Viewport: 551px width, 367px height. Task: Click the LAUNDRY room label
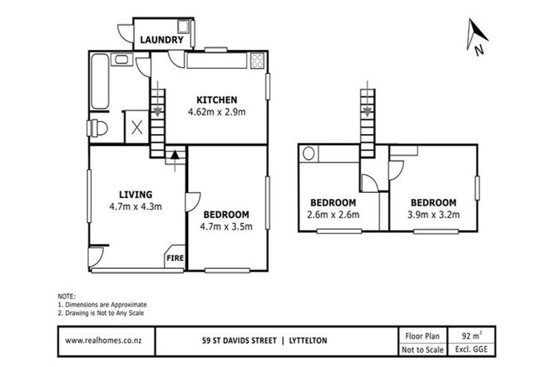pos(161,40)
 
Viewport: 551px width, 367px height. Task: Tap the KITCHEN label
pos(217,100)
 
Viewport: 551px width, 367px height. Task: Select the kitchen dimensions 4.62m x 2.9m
pos(217,112)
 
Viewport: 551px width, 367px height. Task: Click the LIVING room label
pos(136,194)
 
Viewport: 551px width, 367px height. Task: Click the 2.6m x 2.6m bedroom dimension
pos(334,214)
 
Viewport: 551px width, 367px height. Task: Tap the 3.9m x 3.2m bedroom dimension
pos(433,214)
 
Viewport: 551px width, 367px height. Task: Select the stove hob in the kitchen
pos(257,62)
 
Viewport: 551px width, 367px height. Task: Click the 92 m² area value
pos(467,334)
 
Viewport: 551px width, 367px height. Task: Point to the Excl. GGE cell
pos(467,349)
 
